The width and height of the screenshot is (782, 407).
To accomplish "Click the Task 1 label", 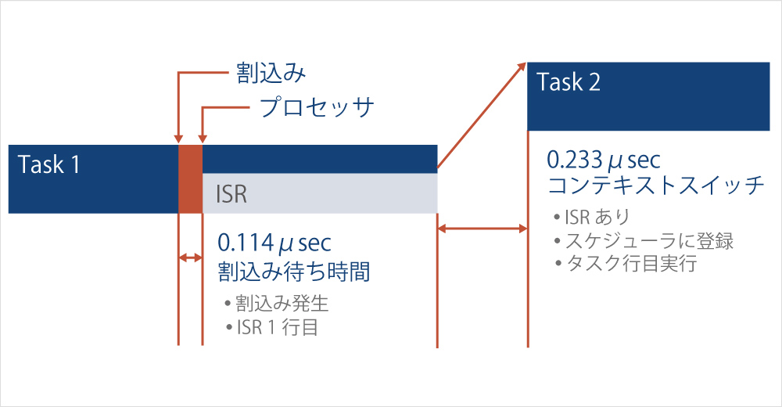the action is click(x=48, y=164).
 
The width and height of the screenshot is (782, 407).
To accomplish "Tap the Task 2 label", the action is click(x=568, y=82).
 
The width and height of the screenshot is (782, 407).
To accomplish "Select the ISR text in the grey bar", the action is click(x=231, y=194).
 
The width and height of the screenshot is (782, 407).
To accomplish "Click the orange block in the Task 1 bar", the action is click(x=191, y=179).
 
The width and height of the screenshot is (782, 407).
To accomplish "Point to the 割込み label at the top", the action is click(x=271, y=73).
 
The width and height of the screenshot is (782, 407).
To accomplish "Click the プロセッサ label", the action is click(x=316, y=107).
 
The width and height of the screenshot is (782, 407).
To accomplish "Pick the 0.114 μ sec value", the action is click(x=274, y=243).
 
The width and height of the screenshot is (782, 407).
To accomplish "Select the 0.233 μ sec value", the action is click(x=604, y=160).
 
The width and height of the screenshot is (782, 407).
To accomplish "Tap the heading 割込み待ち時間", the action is click(x=294, y=271).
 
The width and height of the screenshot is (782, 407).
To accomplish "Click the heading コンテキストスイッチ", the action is click(x=656, y=185).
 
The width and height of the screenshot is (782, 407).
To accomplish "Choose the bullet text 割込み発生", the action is click(x=277, y=303).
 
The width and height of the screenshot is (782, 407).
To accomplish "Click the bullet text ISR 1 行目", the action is click(x=272, y=327).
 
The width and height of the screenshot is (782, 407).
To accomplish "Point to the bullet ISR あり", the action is click(x=592, y=218).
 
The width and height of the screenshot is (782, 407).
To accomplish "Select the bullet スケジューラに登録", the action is click(x=644, y=241).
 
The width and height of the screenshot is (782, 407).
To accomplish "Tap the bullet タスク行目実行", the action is click(x=626, y=263).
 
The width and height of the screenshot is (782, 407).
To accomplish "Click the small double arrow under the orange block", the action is click(x=191, y=258).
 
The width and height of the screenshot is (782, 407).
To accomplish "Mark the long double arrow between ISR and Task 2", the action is click(x=482, y=229).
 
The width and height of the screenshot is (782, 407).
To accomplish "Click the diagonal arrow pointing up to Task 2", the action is click(x=482, y=115).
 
